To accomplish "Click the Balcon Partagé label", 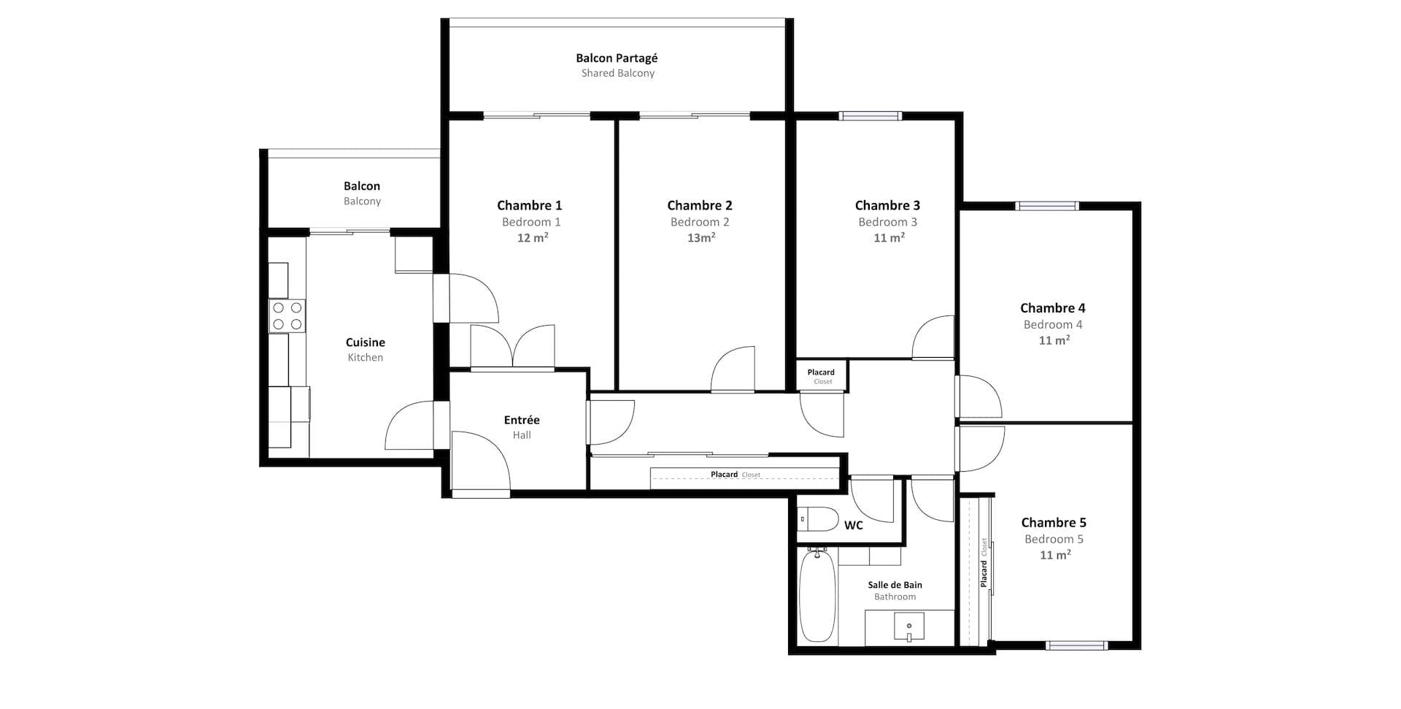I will tap(617, 58).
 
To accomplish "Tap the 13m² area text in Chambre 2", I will tap(700, 238).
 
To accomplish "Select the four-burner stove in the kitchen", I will tap(287, 316).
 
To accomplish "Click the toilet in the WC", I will tap(817, 519).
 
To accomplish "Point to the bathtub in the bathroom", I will tap(817, 597).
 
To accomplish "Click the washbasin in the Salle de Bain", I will tap(909, 627).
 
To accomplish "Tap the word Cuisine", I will tap(365, 342).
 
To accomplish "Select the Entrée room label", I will tap(521, 420).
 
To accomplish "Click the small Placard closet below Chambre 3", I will tap(821, 376).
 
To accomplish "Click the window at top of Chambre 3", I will tap(870, 115).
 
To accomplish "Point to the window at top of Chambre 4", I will tap(1047, 206).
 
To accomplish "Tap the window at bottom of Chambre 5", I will tap(1076, 645).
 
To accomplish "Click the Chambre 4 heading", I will tap(1052, 308).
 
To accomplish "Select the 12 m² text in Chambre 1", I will tap(533, 238).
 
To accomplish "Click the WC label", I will tap(853, 526).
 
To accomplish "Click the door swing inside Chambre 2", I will tap(733, 371).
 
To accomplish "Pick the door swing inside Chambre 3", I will tap(934, 337).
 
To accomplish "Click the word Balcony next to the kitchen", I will tap(362, 202).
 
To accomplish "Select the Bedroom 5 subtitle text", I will tap(1053, 540).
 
